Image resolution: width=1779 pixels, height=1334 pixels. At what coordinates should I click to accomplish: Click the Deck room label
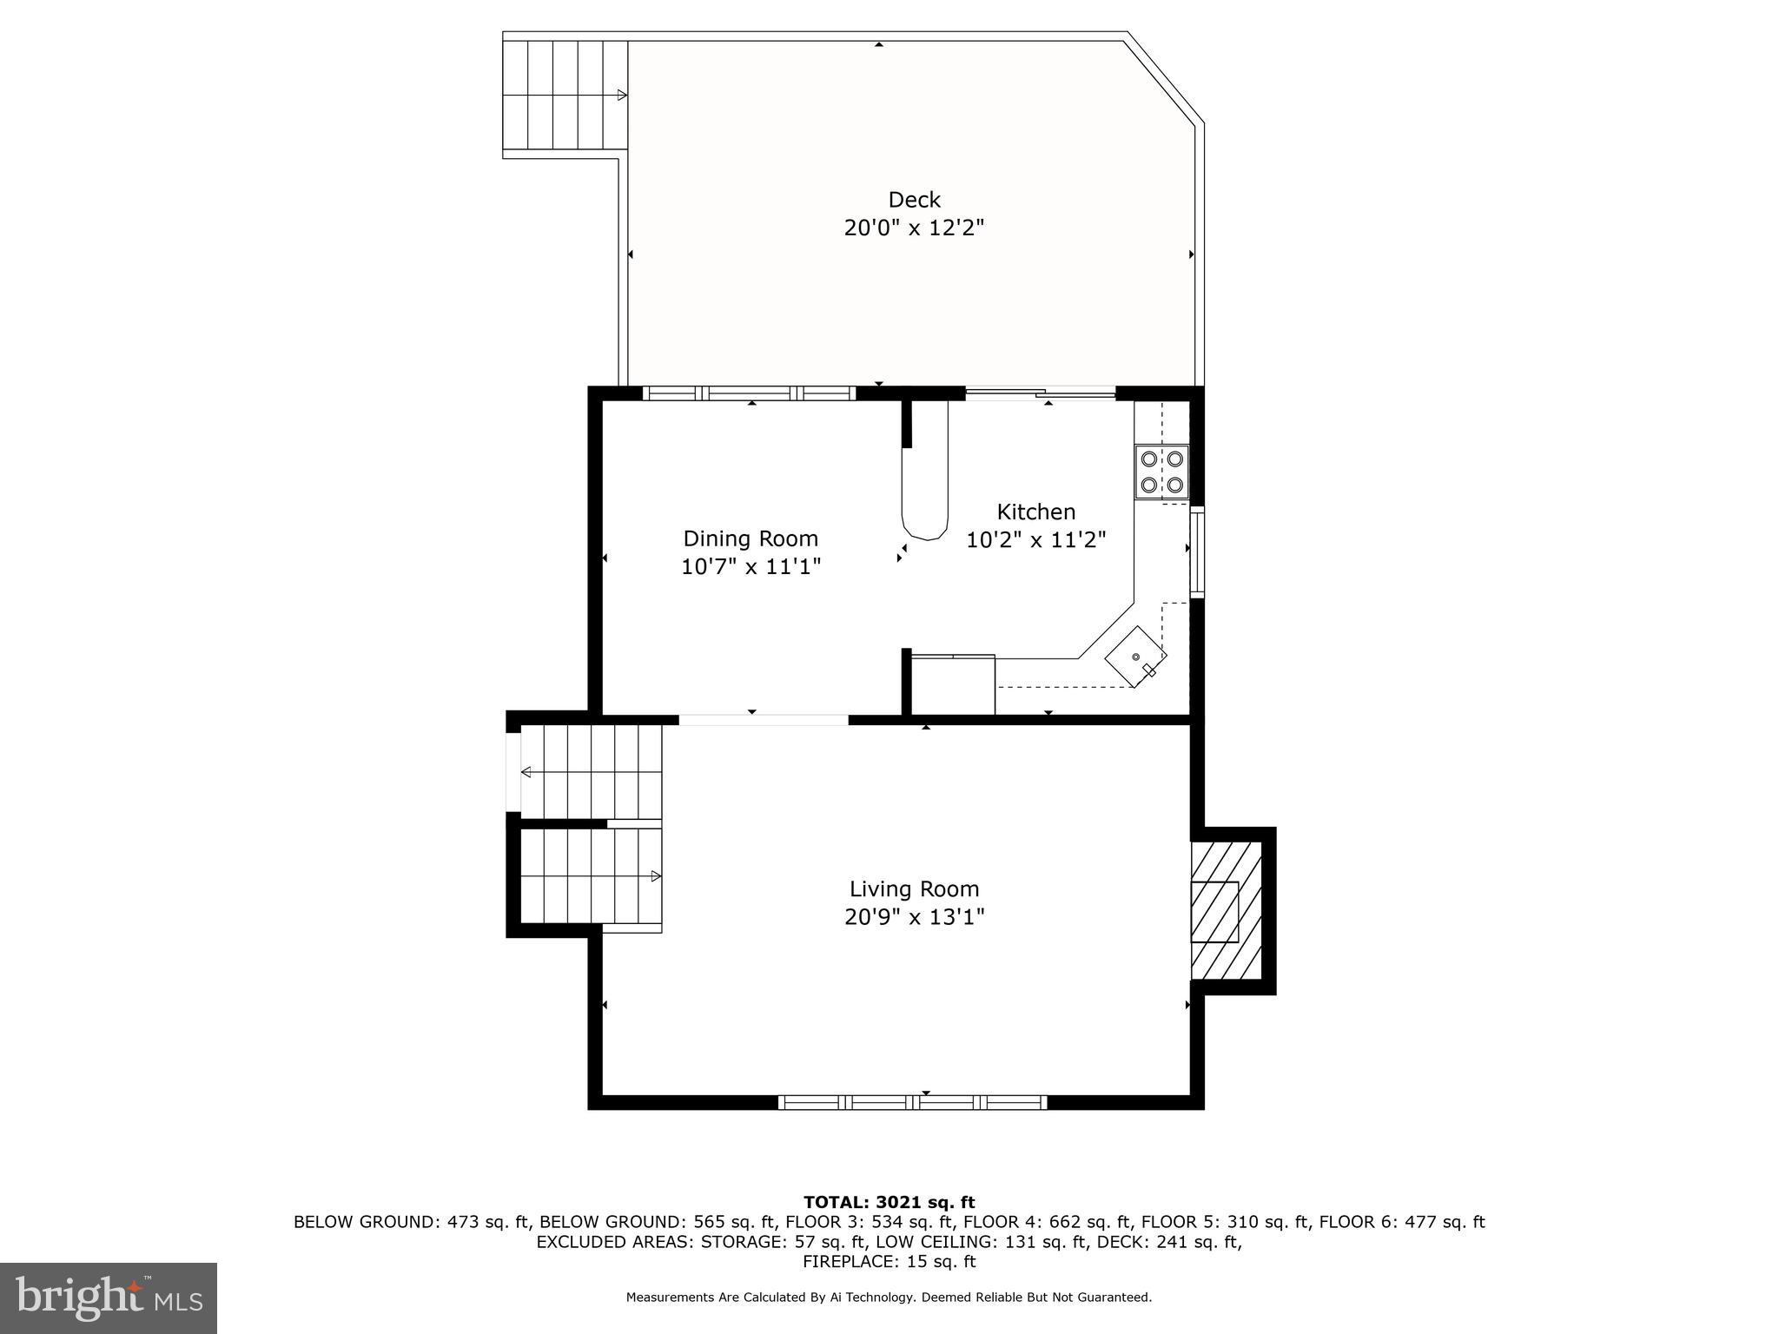(914, 200)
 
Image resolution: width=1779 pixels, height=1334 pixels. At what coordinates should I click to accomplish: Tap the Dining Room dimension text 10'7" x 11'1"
(751, 567)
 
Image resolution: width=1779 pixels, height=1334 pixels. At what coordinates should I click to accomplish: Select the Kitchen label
(1035, 512)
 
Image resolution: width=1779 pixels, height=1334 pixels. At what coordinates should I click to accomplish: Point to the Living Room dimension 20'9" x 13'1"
(914, 917)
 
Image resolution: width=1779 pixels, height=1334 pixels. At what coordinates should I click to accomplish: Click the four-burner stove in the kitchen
(1161, 472)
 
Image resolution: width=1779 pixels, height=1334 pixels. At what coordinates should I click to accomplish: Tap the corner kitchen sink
(1135, 657)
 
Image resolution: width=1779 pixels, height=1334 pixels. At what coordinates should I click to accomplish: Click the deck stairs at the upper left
(565, 95)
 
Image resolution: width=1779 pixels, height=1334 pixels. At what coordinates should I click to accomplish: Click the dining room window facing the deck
(749, 393)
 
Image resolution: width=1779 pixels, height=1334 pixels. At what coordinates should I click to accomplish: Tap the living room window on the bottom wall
(912, 1102)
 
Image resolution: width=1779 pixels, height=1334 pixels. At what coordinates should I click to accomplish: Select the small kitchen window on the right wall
(1196, 552)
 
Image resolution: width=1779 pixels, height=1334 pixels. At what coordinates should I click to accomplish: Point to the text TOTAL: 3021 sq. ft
(889, 1202)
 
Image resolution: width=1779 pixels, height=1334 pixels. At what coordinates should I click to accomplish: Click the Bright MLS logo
(109, 1298)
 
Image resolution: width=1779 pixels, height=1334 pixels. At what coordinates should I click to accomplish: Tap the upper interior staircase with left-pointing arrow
(591, 772)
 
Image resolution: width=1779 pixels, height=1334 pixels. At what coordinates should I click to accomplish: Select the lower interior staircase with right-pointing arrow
(591, 876)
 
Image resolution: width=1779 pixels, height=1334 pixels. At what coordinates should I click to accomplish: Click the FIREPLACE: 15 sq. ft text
(889, 1262)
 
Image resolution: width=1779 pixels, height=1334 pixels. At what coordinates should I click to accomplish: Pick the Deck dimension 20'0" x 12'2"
(914, 228)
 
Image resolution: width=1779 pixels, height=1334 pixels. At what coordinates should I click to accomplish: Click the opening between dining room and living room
(763, 719)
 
